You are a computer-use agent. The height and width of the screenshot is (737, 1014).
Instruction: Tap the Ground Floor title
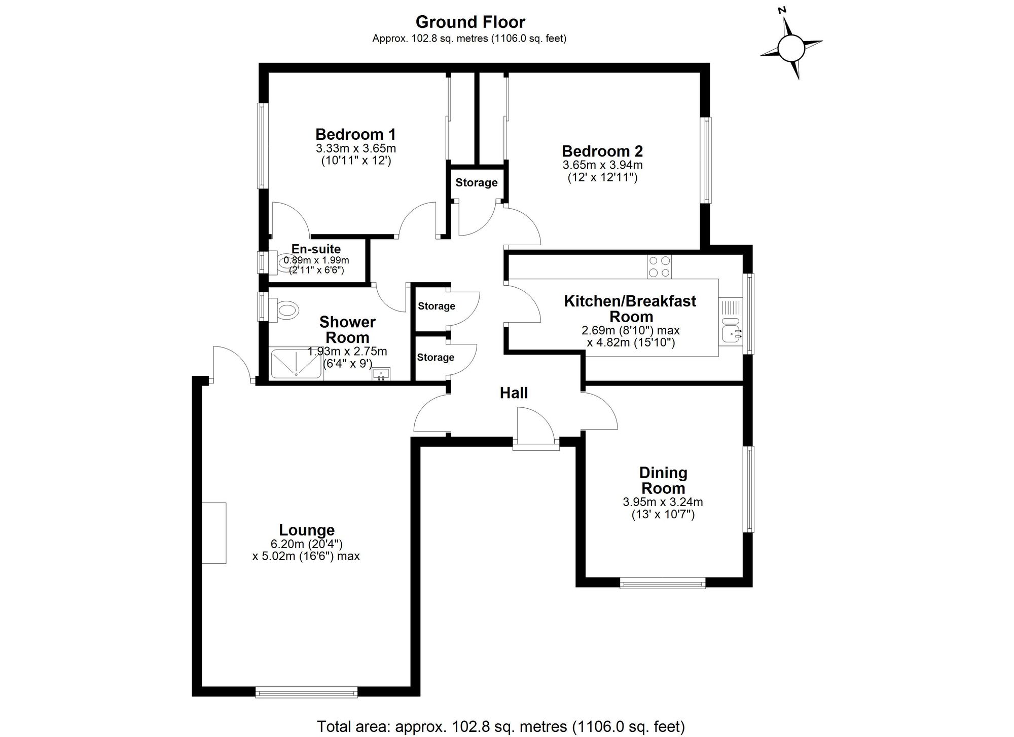pyautogui.click(x=470, y=22)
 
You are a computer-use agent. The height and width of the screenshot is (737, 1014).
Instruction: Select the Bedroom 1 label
pyautogui.click(x=355, y=134)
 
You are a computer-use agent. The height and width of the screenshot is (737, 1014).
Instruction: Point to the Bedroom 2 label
pyautogui.click(x=602, y=151)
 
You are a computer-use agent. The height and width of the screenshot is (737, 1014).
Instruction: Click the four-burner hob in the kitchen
pyautogui.click(x=659, y=266)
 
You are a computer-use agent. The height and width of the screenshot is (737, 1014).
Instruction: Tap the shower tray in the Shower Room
pyautogui.click(x=297, y=363)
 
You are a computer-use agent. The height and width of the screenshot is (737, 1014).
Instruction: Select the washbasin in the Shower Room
pyautogui.click(x=381, y=374)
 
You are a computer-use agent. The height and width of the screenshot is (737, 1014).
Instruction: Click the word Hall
pyautogui.click(x=514, y=393)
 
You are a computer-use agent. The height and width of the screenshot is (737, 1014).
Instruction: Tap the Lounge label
pyautogui.click(x=307, y=530)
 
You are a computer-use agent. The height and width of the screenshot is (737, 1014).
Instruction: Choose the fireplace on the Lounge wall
pyautogui.click(x=214, y=533)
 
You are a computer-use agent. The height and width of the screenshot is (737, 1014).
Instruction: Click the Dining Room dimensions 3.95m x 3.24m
pyautogui.click(x=663, y=502)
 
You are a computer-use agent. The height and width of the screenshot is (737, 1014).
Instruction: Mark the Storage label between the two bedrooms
pyautogui.click(x=476, y=182)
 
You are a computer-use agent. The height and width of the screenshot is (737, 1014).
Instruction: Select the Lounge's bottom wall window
pyautogui.click(x=306, y=692)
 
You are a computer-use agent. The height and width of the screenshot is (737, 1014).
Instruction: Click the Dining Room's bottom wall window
pyautogui.click(x=663, y=583)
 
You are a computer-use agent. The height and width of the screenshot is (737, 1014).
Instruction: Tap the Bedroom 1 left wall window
pyautogui.click(x=263, y=146)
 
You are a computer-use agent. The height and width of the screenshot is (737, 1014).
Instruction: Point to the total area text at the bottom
pyautogui.click(x=501, y=726)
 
